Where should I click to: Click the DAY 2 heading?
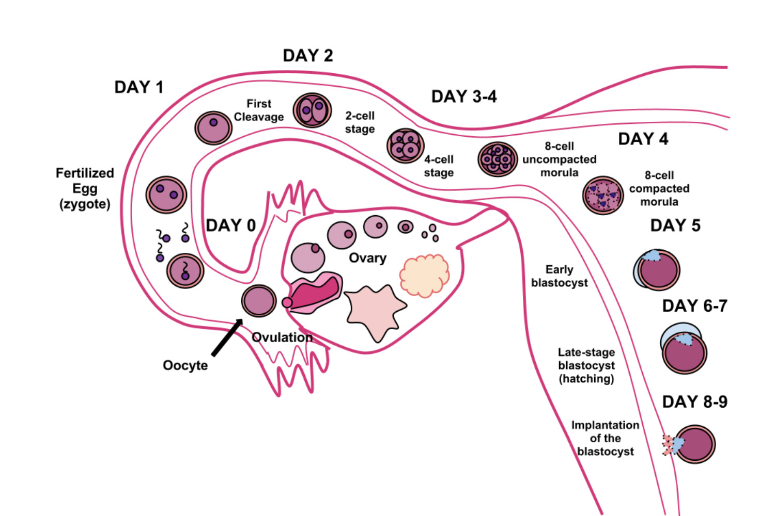click(308, 56)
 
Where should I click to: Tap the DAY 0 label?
click(230, 225)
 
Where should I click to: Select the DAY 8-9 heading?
click(694, 402)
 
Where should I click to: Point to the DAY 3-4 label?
click(464, 97)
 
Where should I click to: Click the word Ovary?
click(367, 258)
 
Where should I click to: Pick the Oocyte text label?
click(185, 365)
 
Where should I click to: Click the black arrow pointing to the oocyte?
click(226, 338)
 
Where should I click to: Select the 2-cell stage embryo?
click(312, 110)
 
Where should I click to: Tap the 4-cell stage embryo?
click(406, 146)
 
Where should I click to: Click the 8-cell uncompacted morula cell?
click(497, 159)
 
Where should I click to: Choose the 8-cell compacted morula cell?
click(603, 196)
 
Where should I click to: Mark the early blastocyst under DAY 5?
click(657, 270)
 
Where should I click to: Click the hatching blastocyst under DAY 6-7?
click(684, 349)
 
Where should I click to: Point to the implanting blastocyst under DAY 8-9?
click(693, 444)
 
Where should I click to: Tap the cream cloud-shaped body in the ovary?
click(424, 276)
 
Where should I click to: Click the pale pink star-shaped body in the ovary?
click(375, 311)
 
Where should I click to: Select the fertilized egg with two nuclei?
click(166, 195)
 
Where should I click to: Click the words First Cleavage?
click(259, 110)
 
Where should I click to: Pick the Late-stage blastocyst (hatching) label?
click(586, 365)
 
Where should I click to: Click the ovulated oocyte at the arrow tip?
click(259, 301)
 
